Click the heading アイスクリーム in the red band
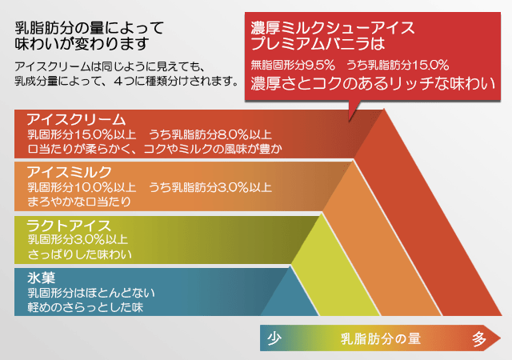(x=77, y=120)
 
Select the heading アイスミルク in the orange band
(x=70, y=172)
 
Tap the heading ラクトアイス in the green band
(x=70, y=226)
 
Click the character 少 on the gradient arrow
(x=274, y=338)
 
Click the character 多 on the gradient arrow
(x=479, y=338)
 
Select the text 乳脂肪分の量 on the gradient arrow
(x=381, y=338)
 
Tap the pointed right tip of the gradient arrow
(x=501, y=338)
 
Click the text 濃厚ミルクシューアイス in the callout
(x=333, y=28)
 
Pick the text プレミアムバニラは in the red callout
(x=318, y=43)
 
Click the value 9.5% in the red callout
(x=320, y=65)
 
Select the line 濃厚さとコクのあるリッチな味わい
(x=373, y=83)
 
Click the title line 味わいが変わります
(x=82, y=44)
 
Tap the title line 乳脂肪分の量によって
(x=89, y=28)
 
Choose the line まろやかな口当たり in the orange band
(x=79, y=202)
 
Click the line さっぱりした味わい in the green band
(x=80, y=254)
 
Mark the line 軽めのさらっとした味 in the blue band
(x=86, y=307)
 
